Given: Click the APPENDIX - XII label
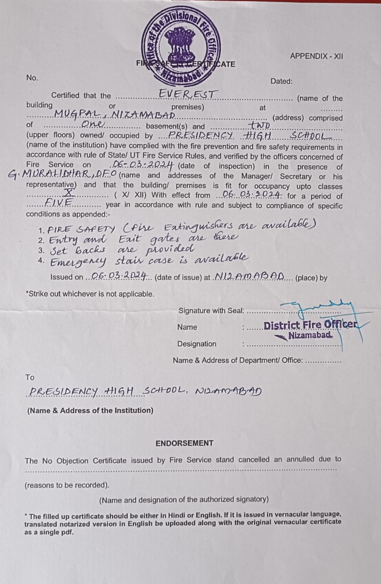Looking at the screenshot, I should pyautogui.click(x=316, y=56).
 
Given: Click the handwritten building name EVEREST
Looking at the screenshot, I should pyautogui.click(x=187, y=95).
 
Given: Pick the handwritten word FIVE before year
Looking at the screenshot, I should pyautogui.click(x=59, y=202).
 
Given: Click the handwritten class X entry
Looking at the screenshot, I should pyautogui.click(x=70, y=193).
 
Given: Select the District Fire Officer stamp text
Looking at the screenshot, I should pyautogui.click(x=311, y=325).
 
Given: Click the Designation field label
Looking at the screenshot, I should pyautogui.click(x=196, y=344).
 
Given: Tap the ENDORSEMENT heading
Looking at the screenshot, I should pyautogui.click(x=184, y=443).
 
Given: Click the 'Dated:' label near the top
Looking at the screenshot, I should pyautogui.click(x=281, y=81).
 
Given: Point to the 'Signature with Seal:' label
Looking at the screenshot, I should pyautogui.click(x=211, y=310).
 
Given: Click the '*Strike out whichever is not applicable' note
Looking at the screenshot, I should pyautogui.click(x=90, y=294).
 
